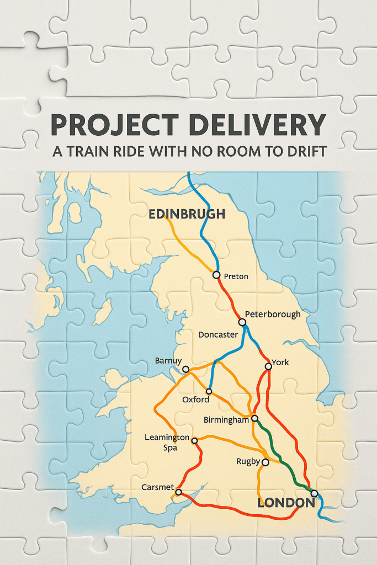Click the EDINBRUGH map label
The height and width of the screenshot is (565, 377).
pos(187,214)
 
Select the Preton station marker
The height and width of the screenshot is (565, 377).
pos(216,275)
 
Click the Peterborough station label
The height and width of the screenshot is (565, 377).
pos(273,315)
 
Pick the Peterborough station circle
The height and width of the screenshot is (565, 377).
pos(241,322)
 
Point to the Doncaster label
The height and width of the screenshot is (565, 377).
pos(218,335)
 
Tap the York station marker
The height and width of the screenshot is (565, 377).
pos(268,366)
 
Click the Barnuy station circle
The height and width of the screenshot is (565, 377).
pos(186,369)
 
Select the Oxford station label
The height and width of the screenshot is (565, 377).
pos(196,399)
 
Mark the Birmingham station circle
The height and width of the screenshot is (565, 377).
pos(254,418)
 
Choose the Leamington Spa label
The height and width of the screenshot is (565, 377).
pos(167,443)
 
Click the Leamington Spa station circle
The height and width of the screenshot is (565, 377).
pos(194,440)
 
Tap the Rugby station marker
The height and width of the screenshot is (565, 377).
pos(265,462)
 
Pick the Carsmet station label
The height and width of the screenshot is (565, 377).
pos(157,488)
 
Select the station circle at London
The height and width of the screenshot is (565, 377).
pos(314,493)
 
